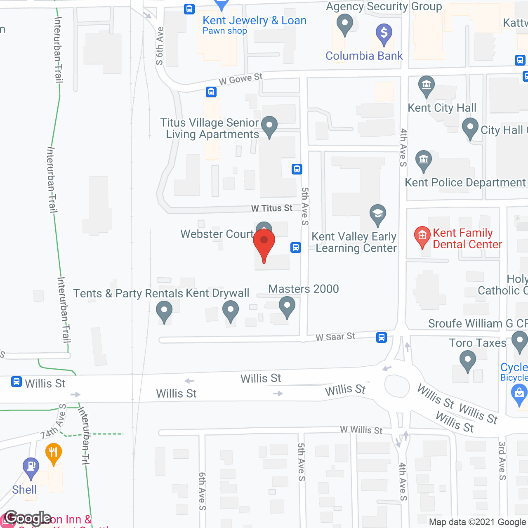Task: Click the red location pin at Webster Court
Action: pos(264,243)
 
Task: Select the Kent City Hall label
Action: pos(442,108)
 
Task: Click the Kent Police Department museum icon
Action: pos(424,160)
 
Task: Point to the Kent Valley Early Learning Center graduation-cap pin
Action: pos(377,214)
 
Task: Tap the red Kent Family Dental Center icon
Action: pos(422,236)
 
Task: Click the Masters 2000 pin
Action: pos(287,307)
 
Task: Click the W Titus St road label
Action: pos(272,208)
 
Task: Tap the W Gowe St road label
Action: pos(240,79)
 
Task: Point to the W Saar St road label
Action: pos(335,337)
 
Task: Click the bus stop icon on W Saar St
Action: pos(382,337)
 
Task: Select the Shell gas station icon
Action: pos(31,467)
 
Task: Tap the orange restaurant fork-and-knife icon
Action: pos(54,453)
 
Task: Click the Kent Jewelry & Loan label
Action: pos(254,21)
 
